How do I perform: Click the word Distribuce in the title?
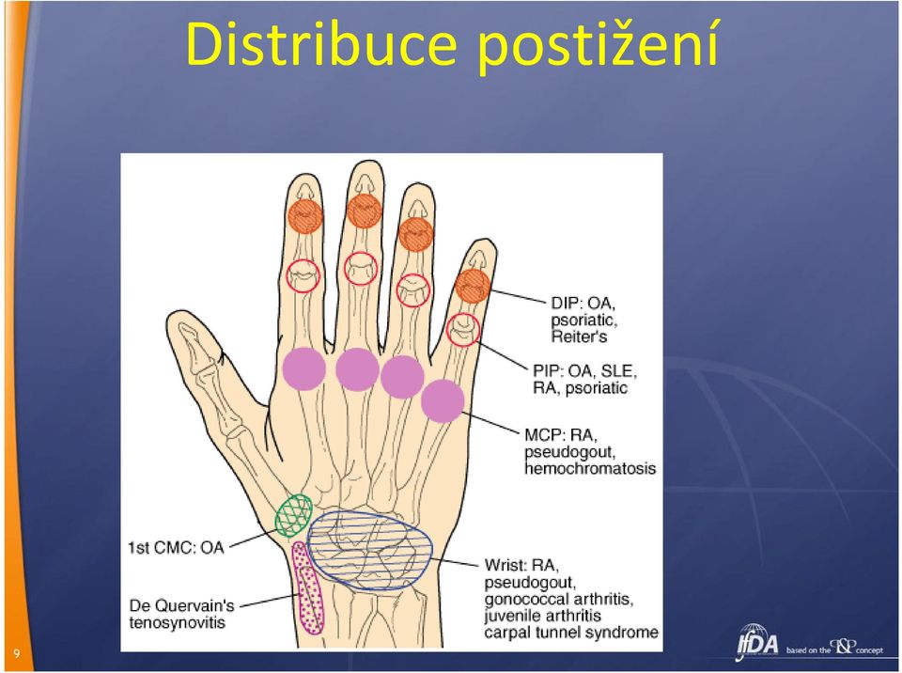[x=321, y=45]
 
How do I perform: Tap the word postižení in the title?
[x=598, y=46]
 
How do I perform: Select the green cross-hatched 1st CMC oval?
[x=293, y=515]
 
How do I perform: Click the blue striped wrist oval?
[x=370, y=550]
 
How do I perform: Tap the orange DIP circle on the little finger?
[x=473, y=286]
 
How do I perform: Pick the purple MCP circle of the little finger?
[x=443, y=400]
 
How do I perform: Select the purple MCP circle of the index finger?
[x=304, y=369]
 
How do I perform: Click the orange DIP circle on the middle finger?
[x=364, y=211]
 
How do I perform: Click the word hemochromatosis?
[x=590, y=469]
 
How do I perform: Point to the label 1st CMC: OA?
[x=176, y=547]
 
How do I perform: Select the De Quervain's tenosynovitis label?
[x=181, y=614]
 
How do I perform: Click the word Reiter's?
[x=580, y=336]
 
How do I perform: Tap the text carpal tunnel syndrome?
[x=571, y=633]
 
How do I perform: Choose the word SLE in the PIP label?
[x=619, y=370]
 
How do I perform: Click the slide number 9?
[x=16, y=653]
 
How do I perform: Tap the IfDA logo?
[x=757, y=644]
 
